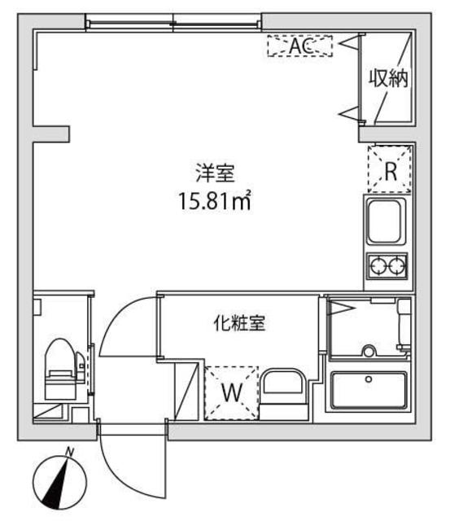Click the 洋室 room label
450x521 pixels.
pos(214,173)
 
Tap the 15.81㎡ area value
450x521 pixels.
pos(214,199)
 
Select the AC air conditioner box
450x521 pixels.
pos(300,46)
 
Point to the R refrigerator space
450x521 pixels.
pos(391,172)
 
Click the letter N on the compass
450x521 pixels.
pos(71,452)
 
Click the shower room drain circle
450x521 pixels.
pos(368,352)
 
